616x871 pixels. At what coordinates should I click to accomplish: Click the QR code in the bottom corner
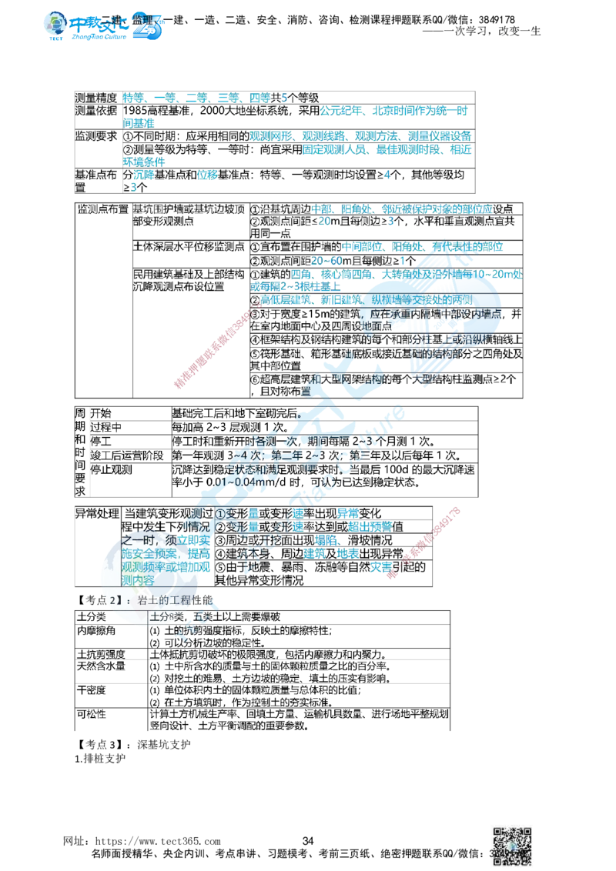point(513,844)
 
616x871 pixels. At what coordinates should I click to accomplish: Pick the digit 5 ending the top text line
point(285,98)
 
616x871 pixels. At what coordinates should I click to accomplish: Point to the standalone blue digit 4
point(387,175)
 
